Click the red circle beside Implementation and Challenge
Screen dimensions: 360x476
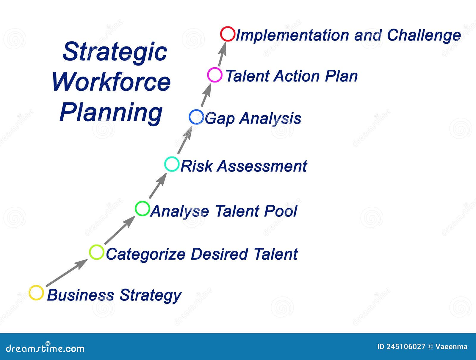228,34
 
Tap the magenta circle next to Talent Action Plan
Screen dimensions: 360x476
214,75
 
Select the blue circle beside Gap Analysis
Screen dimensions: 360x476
196,117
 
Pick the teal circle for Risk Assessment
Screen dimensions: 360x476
172,164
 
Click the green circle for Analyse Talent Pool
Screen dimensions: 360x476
142,208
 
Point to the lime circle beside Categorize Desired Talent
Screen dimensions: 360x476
97,252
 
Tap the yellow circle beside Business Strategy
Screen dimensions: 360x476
36,293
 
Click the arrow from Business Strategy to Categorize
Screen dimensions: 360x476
67,273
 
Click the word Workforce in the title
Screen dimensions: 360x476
111,82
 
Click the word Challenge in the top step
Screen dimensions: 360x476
424,35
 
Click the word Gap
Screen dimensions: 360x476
220,119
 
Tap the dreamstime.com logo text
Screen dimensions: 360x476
45,348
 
